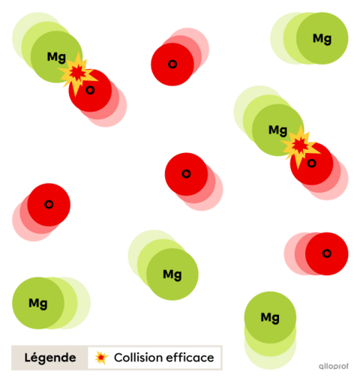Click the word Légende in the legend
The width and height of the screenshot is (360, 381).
[50, 358]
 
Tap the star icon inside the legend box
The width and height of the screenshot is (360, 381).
[101, 358]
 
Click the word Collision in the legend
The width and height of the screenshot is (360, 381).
[137, 358]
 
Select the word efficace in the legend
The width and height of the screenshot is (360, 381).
[190, 358]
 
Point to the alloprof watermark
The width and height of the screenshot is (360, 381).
[334, 366]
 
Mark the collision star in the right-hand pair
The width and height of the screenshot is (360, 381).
[300, 146]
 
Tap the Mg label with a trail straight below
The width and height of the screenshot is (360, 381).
[270, 318]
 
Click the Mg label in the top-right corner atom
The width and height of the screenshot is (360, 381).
[322, 39]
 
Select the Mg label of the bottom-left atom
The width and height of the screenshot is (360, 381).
[38, 304]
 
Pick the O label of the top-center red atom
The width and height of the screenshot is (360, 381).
[172, 64]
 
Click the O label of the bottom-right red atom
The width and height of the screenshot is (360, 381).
[327, 253]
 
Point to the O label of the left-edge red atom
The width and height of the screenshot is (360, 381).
[49, 205]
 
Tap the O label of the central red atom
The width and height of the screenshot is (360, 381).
[186, 174]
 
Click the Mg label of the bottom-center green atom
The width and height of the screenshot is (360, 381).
[172, 274]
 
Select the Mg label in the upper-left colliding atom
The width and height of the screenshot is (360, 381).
[56, 57]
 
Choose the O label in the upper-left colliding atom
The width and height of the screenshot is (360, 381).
[90, 90]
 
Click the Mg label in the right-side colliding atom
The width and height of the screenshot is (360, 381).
[277, 130]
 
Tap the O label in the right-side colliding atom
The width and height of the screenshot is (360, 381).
[311, 163]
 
